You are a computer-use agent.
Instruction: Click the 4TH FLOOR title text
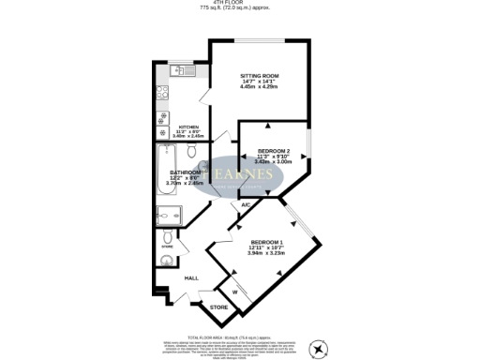coord(239,3)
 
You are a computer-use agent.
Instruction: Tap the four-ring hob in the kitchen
coord(161,93)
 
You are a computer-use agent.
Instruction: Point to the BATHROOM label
coord(184,172)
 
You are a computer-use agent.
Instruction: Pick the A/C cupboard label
coord(245,203)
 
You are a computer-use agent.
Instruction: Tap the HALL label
coord(191,278)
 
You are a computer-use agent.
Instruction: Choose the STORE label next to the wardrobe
coord(218,307)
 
